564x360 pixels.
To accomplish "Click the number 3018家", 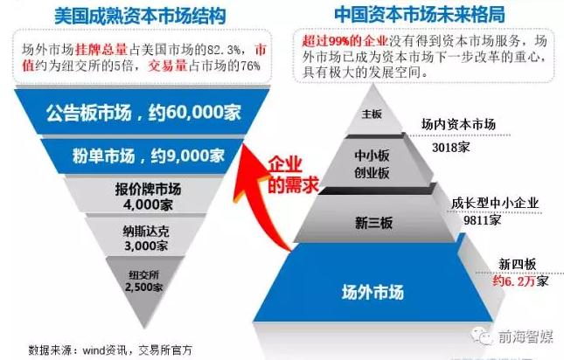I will (451, 148).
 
